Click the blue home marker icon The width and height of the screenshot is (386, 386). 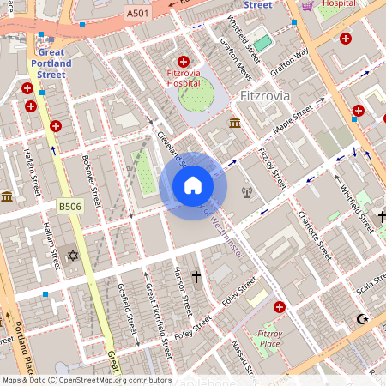pyautogui.click(x=193, y=185)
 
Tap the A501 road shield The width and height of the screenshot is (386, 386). pyautogui.click(x=136, y=14)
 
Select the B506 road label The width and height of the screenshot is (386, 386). pyautogui.click(x=69, y=207)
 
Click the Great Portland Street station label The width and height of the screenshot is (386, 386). pyautogui.click(x=51, y=63)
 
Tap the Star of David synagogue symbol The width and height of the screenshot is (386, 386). pyautogui.click(x=72, y=256)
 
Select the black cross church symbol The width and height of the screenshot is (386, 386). pyautogui.click(x=196, y=277)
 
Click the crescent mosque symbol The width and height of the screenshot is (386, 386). pyautogui.click(x=360, y=320)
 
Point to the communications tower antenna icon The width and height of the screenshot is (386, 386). pyautogui.click(x=247, y=191)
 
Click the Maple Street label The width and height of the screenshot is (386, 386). pyautogui.click(x=293, y=121)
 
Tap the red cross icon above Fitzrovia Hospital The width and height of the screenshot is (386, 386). pyautogui.click(x=183, y=62)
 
